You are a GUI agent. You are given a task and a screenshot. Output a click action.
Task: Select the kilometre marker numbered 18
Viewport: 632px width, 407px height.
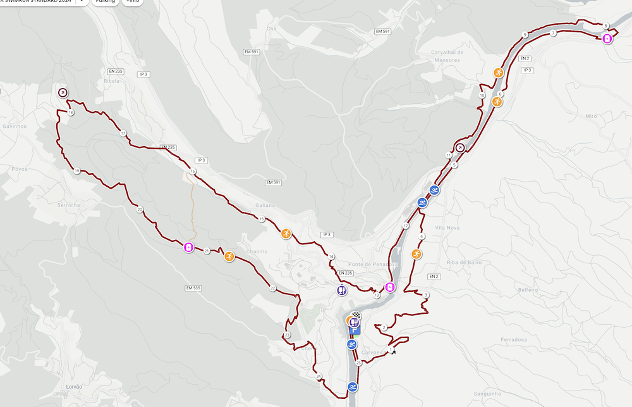pyautogui.click(x=70, y=113)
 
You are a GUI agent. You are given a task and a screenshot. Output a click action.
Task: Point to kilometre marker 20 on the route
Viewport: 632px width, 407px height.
pyautogui.click(x=139, y=210)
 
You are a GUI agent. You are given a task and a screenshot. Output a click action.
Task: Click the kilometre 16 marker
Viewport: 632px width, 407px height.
pyautogui.click(x=192, y=172)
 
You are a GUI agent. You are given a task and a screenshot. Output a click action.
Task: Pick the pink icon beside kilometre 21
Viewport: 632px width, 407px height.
pyautogui.click(x=188, y=247)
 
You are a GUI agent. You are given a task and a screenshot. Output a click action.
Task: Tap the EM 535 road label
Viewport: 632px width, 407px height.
pyautogui.click(x=193, y=288)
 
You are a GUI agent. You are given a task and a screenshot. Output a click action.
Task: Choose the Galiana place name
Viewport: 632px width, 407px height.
pyautogui.click(x=265, y=205)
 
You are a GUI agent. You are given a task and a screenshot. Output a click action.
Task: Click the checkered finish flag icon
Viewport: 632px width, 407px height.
pyautogui.click(x=356, y=315)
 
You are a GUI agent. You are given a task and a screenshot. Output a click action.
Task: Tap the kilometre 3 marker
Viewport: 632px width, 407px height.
pyautogui.click(x=427, y=295)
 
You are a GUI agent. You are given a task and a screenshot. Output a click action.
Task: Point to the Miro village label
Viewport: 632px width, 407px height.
pyautogui.click(x=591, y=116)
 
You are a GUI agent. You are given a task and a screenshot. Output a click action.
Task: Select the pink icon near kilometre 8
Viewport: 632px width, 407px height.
pyautogui.click(x=607, y=39)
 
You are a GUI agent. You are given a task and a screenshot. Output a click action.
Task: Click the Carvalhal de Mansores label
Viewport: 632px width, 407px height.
pyautogui.click(x=447, y=56)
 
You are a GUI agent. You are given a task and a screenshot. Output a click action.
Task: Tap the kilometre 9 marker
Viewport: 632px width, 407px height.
pyautogui.click(x=525, y=35)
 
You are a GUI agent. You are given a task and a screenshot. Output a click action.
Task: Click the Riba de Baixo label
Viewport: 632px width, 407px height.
pyautogui.click(x=465, y=262)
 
